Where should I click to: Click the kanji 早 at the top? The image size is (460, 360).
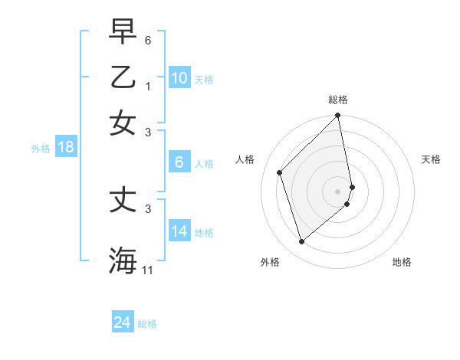coord(123,32)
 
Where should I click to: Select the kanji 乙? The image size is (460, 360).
coord(123,77)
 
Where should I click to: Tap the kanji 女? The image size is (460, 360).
coord(123,123)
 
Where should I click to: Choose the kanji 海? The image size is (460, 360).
coord(123,259)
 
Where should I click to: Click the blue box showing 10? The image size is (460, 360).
coord(179,78)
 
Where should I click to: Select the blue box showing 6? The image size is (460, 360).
coord(179,162)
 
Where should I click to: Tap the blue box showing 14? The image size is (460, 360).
coord(179,231)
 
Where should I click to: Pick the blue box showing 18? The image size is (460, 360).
coord(66,148)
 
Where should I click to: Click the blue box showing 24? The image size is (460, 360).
coord(123,322)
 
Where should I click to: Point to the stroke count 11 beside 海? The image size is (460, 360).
coord(148,270)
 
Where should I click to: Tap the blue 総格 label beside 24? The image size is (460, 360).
coord(147,324)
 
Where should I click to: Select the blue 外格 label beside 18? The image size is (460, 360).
coord(40,149)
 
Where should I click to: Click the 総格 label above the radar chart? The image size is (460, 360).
coord(338,100)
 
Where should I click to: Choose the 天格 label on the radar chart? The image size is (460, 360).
coord(431,159)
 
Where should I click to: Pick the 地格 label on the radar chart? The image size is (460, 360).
coord(402,262)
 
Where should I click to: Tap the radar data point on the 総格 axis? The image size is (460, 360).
coord(337,116)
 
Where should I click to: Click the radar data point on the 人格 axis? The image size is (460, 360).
coord(280,172)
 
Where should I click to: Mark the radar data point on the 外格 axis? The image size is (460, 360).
coord(301,242)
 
